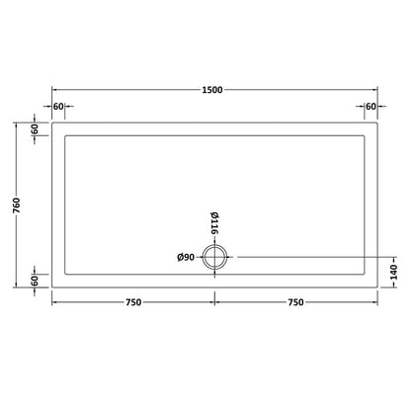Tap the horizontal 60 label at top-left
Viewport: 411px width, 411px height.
[59, 106]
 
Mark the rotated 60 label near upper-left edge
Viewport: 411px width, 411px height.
[34, 129]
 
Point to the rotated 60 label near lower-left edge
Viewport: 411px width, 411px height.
[34, 281]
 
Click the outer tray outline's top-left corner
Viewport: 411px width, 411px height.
[51, 123]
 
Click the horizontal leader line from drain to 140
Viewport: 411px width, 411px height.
[306, 258]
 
